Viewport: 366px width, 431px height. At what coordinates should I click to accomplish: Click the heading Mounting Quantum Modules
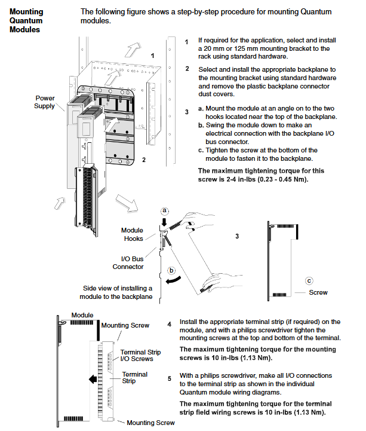click(27, 20)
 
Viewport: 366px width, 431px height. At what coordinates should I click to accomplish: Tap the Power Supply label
click(45, 102)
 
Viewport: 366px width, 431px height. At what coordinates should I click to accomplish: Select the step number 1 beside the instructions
click(187, 42)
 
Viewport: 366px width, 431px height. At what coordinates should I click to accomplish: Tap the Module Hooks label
click(132, 234)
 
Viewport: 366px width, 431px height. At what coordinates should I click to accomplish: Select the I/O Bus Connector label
click(128, 262)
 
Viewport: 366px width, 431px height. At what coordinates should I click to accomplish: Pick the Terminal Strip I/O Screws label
click(141, 355)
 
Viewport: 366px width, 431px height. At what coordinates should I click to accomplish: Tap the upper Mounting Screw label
click(125, 325)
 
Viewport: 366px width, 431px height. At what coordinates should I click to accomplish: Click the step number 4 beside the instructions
click(170, 325)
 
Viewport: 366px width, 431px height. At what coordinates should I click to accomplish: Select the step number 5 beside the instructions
click(170, 378)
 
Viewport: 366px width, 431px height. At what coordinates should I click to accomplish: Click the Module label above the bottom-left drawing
click(82, 314)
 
